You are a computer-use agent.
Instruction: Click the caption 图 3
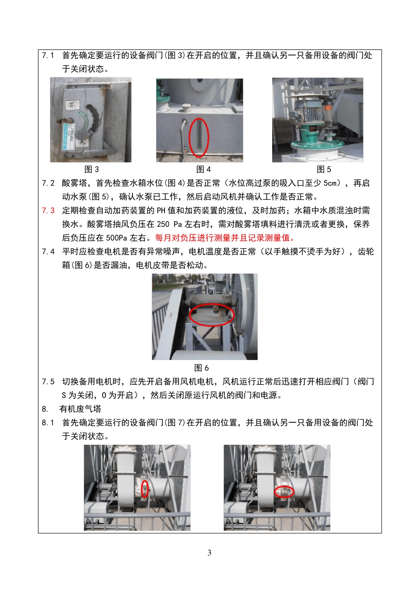[91, 169]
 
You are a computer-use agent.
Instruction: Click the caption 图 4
[203, 169]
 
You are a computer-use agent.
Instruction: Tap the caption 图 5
[324, 169]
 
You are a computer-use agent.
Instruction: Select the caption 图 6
[202, 368]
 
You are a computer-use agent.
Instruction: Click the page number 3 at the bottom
[209, 553]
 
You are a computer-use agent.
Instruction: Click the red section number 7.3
[48, 210]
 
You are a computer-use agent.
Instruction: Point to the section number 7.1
[48, 55]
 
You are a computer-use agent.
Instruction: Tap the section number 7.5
[48, 382]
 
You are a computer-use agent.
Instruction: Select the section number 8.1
[48, 423]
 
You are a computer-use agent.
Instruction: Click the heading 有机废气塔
[80, 409]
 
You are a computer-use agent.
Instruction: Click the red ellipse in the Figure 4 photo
[198, 137]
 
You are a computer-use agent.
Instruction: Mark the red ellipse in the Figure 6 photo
[212, 315]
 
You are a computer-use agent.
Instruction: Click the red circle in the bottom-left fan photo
[145, 488]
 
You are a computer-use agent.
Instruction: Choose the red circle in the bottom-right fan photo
[284, 491]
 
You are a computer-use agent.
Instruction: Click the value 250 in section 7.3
[163, 224]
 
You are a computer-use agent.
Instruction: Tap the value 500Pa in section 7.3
[116, 238]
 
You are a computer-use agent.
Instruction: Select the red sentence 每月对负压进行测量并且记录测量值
[225, 238]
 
